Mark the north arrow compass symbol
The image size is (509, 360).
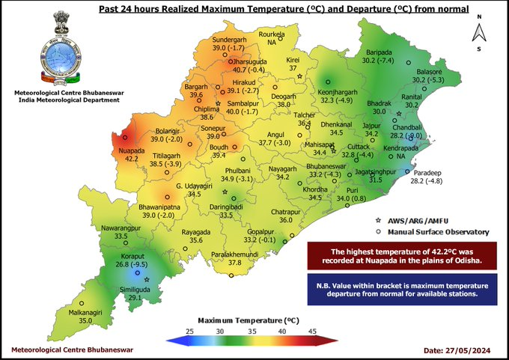[x=477, y=31]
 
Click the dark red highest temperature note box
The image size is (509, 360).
[x=403, y=256]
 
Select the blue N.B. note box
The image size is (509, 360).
[x=403, y=288]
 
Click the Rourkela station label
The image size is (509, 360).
[x=272, y=35]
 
